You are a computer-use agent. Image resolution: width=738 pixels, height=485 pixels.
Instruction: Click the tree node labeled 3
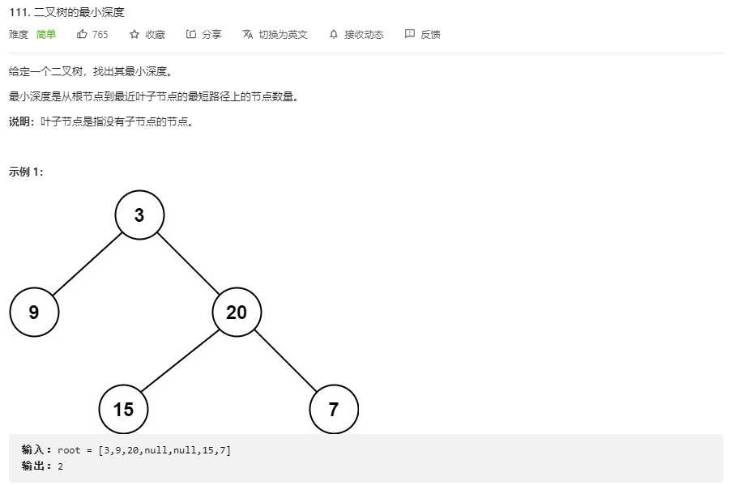pyautogui.click(x=139, y=215)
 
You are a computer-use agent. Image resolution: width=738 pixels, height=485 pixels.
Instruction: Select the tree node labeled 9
pyautogui.click(x=34, y=313)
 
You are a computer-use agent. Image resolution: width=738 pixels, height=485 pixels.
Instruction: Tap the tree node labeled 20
pyautogui.click(x=237, y=313)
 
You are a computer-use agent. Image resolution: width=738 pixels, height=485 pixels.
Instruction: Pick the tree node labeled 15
pyautogui.click(x=123, y=409)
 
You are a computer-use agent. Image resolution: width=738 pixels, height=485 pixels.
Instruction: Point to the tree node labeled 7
pyautogui.click(x=334, y=409)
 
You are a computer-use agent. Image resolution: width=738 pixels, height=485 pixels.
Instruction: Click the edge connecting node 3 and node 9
pyautogui.click(x=87, y=264)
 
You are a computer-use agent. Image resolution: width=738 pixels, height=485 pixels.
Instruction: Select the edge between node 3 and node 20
pyautogui.click(x=188, y=264)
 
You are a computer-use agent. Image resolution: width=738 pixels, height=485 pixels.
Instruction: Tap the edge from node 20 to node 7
pyautogui.click(x=285, y=361)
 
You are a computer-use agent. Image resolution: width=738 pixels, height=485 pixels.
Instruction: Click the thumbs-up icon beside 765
pyautogui.click(x=82, y=34)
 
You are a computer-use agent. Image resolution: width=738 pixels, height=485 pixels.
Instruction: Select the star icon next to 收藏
pyautogui.click(x=134, y=34)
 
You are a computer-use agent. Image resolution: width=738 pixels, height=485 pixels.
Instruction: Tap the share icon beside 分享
pyautogui.click(x=191, y=34)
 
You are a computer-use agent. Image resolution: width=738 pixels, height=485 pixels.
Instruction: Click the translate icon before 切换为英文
pyautogui.click(x=248, y=34)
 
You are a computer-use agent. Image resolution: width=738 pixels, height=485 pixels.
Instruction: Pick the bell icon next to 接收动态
pyautogui.click(x=334, y=34)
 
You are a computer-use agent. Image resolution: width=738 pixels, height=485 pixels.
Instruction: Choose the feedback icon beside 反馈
pyautogui.click(x=410, y=34)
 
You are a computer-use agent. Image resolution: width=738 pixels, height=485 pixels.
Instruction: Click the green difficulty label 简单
pyautogui.click(x=46, y=35)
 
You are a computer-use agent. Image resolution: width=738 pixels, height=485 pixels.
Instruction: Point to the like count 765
pyautogui.click(x=100, y=35)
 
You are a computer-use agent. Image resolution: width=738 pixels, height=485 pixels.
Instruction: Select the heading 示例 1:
pyautogui.click(x=27, y=172)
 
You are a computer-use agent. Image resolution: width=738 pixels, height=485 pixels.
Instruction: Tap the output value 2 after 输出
pyautogui.click(x=61, y=466)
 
